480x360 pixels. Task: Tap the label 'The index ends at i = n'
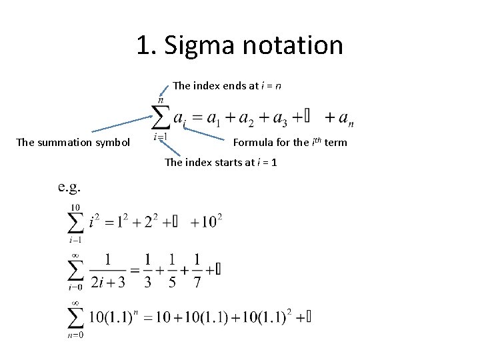(x=226, y=85)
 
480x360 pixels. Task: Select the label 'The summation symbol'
(x=73, y=142)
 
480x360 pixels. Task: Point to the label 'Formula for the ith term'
(x=290, y=142)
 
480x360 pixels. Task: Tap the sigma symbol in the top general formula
(x=161, y=118)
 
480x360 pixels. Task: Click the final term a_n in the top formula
(x=346, y=119)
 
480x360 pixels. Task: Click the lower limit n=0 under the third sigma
(x=75, y=335)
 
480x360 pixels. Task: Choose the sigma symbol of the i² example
(x=75, y=222)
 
